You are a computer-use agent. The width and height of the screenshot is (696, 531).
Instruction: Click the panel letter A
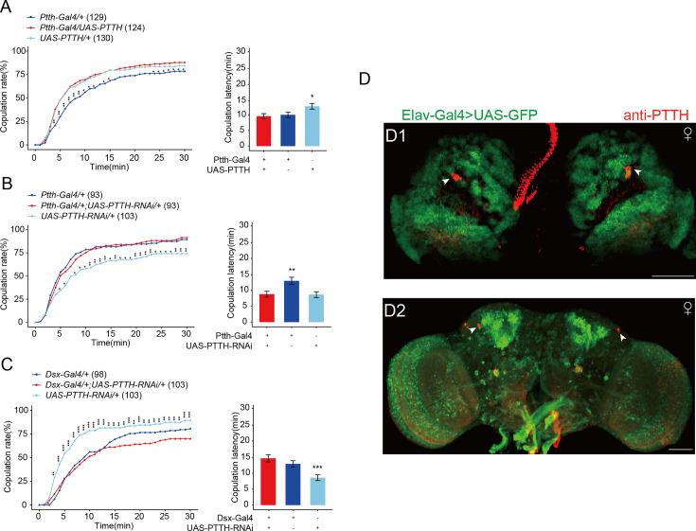[6, 7]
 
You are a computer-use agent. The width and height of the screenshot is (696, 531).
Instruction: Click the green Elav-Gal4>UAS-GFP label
[466, 115]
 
